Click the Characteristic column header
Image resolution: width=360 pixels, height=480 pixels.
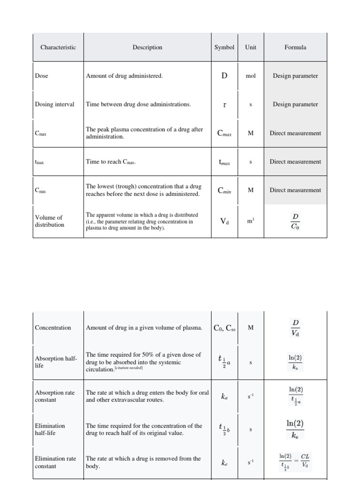(58, 47)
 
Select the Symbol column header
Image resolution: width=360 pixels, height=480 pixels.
(224, 47)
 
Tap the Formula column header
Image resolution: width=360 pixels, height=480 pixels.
(295, 47)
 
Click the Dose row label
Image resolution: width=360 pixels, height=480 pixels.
(42, 76)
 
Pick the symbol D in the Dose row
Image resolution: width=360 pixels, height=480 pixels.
(224, 76)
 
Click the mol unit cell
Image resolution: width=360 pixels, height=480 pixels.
(251, 76)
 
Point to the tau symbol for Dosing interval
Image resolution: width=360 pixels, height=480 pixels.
(225, 105)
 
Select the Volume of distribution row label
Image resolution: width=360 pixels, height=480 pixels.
(49, 221)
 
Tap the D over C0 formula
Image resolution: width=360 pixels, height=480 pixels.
(295, 221)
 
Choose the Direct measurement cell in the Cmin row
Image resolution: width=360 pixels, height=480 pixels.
(295, 190)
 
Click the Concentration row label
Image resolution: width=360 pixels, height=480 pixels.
(53, 328)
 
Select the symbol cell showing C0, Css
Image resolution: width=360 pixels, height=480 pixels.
(224, 328)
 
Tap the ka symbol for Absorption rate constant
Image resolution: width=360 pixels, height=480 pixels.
(224, 397)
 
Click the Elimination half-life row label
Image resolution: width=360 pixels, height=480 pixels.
(50, 429)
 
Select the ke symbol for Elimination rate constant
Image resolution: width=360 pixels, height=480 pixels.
(224, 463)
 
